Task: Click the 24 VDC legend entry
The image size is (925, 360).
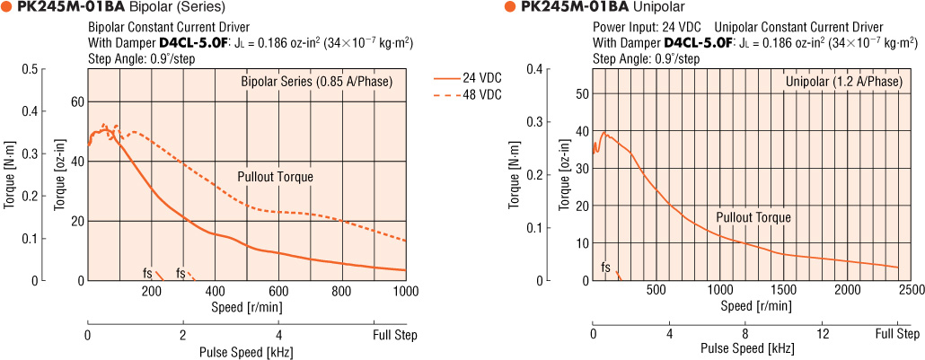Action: pos(482,78)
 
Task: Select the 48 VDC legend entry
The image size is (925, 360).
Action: pos(482,95)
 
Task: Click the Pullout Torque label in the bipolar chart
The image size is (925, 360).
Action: pos(276,177)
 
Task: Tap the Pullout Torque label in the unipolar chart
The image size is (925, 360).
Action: pos(753,217)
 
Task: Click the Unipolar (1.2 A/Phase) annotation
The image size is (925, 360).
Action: pos(843,83)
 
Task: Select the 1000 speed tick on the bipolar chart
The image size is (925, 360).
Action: pos(405,291)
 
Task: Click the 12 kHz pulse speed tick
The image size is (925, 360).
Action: pos(822,334)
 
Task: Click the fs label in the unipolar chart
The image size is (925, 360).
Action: pos(605,268)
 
